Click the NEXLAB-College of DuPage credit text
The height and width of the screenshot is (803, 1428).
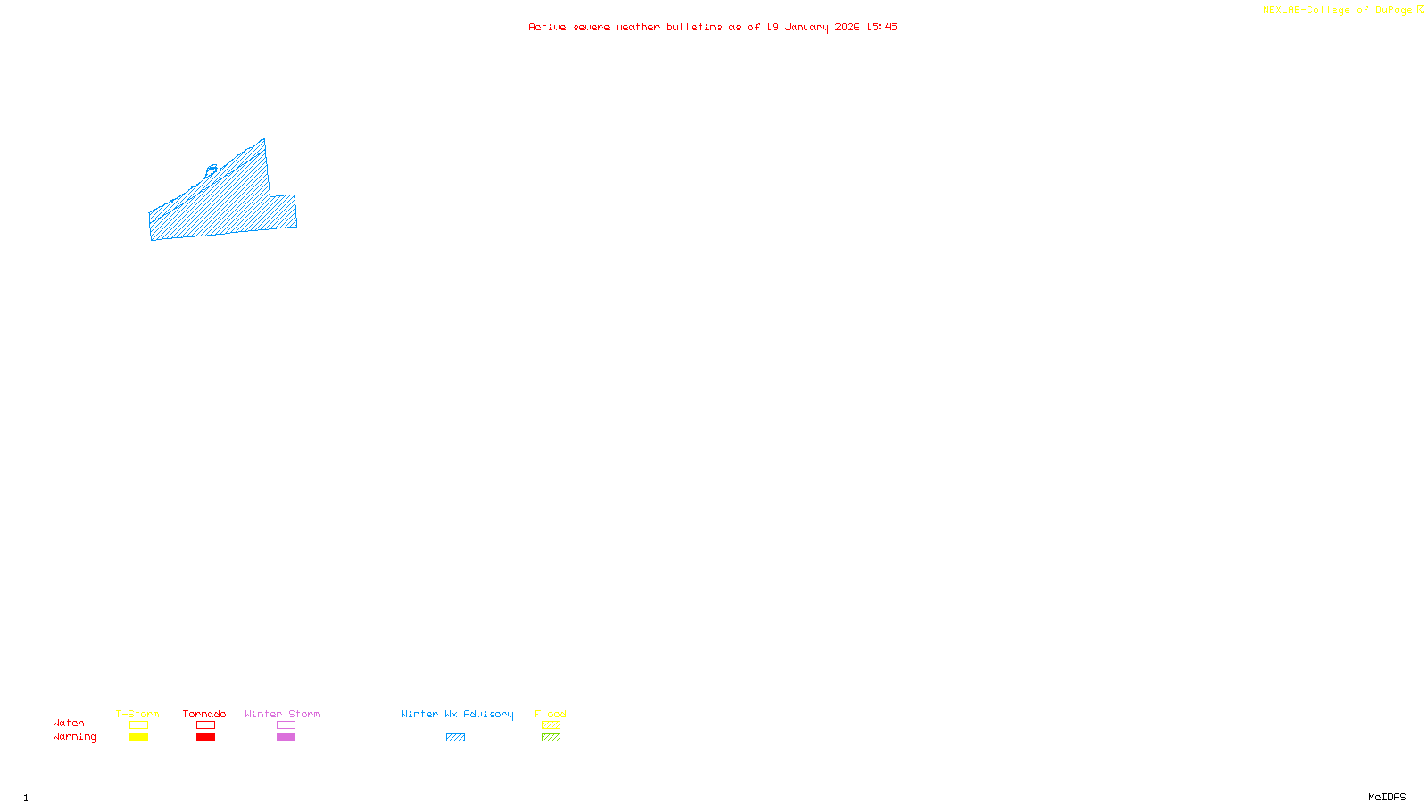tap(1337, 11)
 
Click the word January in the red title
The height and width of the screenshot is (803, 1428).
tap(807, 28)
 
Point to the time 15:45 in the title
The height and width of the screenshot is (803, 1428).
tap(882, 28)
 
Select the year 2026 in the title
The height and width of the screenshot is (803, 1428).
tap(847, 28)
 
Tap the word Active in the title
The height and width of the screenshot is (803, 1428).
tap(547, 28)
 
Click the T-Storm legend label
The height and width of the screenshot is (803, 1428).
tap(137, 714)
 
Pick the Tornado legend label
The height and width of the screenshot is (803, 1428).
tap(204, 714)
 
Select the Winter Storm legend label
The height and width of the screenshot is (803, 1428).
tap(282, 714)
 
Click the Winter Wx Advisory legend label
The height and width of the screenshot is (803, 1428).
tap(457, 714)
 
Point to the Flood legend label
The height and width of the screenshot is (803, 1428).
tap(551, 714)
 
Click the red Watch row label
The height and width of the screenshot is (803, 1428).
tap(69, 724)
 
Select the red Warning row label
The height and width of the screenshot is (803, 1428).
tap(75, 737)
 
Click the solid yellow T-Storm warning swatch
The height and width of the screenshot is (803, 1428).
tap(138, 738)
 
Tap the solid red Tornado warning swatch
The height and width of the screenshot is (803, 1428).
tap(205, 738)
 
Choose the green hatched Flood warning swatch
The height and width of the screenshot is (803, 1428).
tap(551, 738)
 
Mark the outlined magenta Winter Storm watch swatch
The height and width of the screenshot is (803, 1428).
tap(286, 725)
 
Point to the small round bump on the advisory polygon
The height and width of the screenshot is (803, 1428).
tap(212, 169)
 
